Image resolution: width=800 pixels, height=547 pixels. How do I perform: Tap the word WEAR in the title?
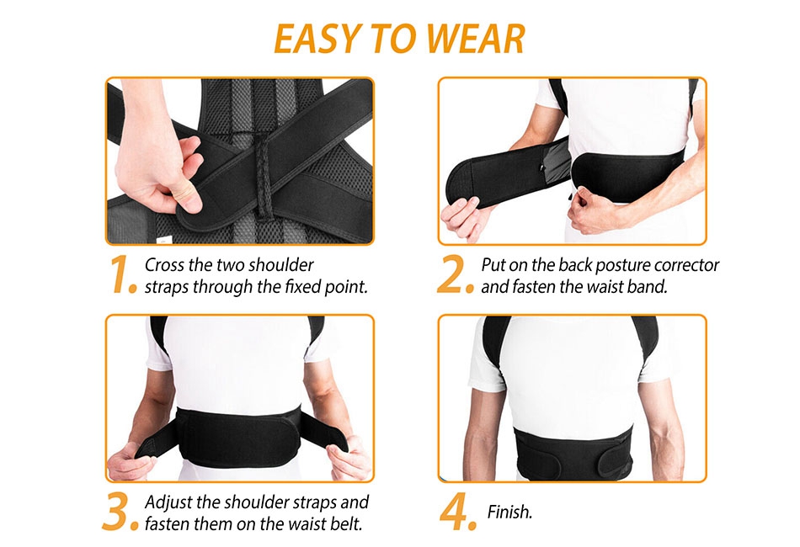pos(474,38)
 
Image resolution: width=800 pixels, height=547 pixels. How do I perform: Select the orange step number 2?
pos(455,275)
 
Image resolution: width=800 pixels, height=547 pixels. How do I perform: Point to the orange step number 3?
pos(120,512)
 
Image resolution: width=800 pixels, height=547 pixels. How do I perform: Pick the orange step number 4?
pos(458,512)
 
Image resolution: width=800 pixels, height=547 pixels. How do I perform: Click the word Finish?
pos(509,512)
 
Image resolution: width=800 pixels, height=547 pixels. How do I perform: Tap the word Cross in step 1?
pos(163,265)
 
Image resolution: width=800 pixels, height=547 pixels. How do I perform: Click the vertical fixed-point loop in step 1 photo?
pos(264,178)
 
